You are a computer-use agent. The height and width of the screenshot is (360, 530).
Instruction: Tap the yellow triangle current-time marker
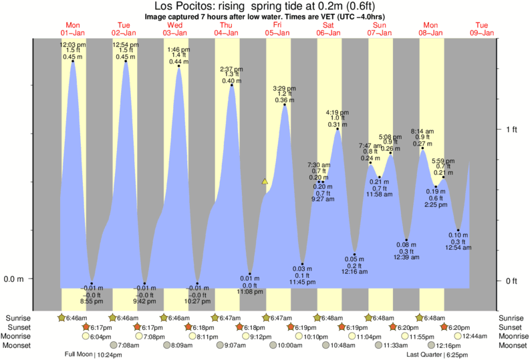pos(265,181)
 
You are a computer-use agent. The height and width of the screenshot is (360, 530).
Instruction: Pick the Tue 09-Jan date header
pos(481,29)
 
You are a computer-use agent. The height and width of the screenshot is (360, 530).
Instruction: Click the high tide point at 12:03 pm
pos(73,61)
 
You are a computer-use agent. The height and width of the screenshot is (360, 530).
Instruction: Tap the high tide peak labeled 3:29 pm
pos(285,104)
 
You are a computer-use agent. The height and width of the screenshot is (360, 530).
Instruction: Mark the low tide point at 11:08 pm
pos(250,274)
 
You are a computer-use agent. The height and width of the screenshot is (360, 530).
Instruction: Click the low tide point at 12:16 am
pos(355,255)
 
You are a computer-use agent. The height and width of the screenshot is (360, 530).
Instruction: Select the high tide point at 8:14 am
pos(422,148)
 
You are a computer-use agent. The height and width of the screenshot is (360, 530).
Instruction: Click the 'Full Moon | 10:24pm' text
pos(92,355)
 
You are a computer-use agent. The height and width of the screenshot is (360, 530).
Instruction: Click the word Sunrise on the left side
pos(18,317)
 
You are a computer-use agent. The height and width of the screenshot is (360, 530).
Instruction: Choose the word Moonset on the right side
pos(511,345)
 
